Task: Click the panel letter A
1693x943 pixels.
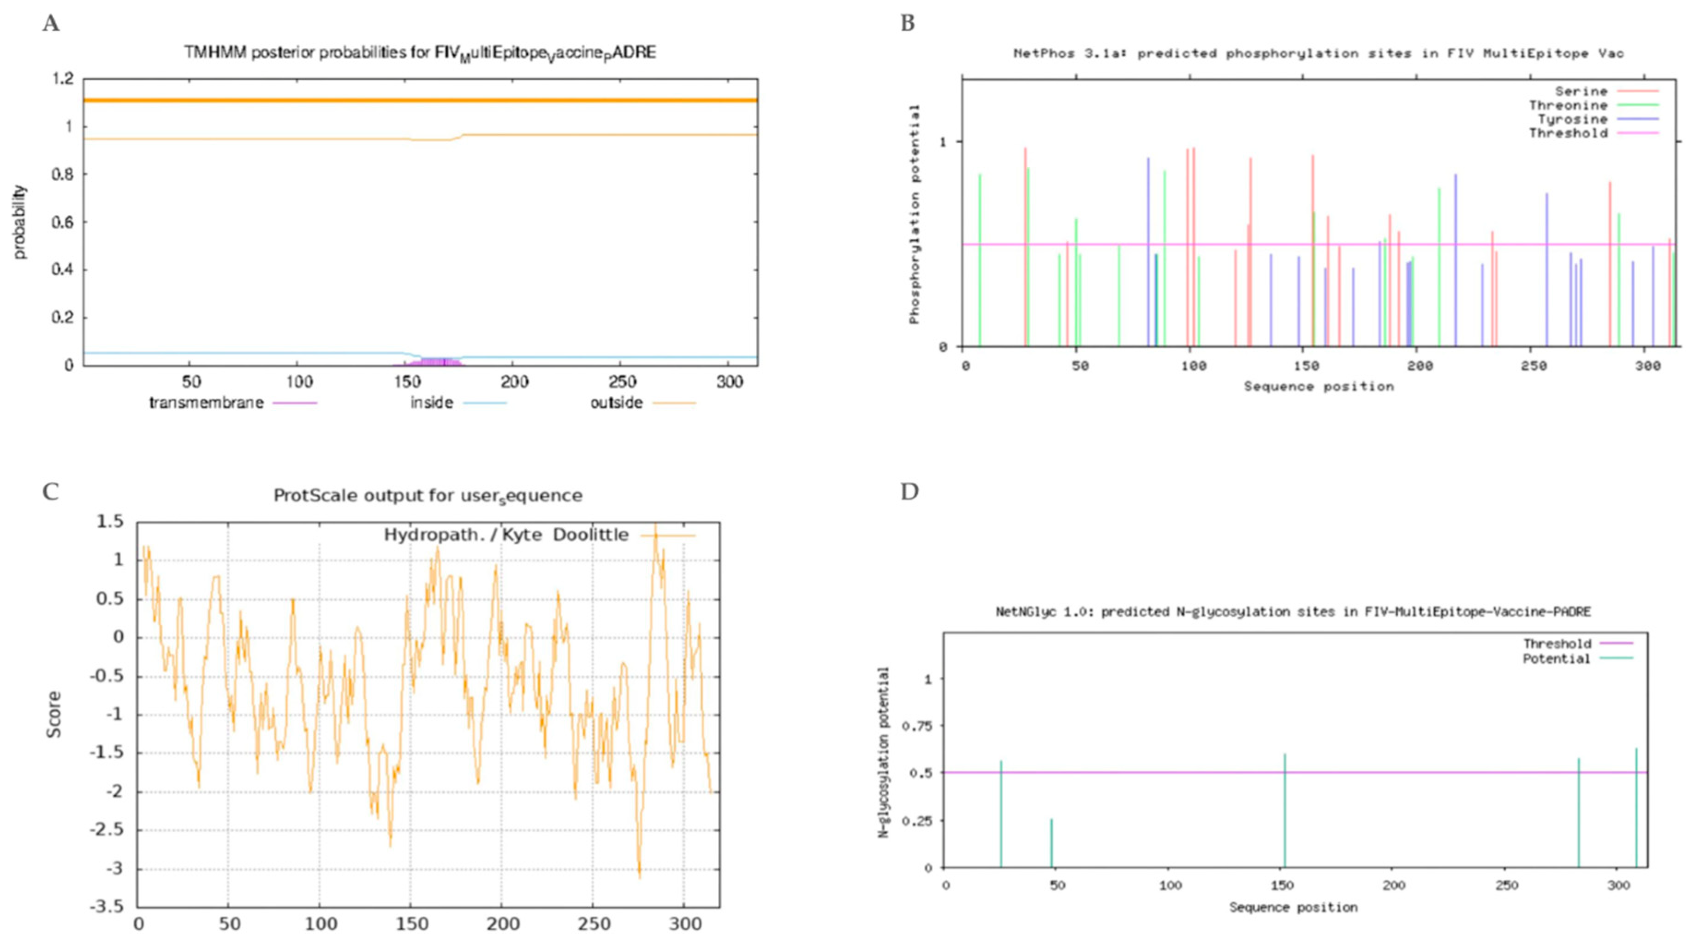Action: pos(51,24)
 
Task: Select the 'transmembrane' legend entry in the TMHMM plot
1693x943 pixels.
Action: pos(206,402)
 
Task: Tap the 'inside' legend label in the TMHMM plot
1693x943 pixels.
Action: pos(432,402)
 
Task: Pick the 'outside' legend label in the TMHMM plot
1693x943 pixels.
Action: pos(616,402)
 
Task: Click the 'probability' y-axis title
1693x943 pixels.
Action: pos(20,222)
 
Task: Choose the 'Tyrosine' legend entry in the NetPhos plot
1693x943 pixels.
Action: pos(1572,119)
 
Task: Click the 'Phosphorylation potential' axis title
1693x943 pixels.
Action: pos(914,214)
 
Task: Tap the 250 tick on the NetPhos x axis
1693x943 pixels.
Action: pos(1533,366)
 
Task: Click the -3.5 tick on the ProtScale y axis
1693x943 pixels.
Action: pos(110,907)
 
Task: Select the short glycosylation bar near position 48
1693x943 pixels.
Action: pos(1051,844)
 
